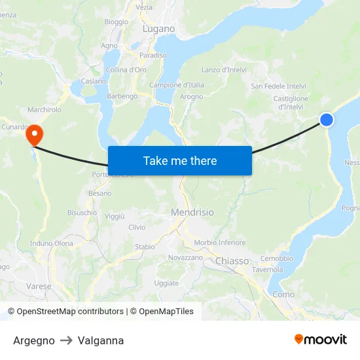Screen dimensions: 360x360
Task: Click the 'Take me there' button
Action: coord(180,160)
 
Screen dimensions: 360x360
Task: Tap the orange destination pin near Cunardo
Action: coord(33,135)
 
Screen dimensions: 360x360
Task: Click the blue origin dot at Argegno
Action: coord(327,119)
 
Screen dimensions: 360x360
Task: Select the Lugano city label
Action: coord(158,29)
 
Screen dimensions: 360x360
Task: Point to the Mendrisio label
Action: coord(192,213)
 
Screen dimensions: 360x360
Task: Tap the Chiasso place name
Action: coord(232,261)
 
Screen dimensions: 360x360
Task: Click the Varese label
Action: coord(39,286)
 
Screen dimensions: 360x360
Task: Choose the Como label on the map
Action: coord(283,295)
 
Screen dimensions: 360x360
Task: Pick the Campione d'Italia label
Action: coord(177,85)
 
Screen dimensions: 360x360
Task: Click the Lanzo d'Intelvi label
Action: coord(224,70)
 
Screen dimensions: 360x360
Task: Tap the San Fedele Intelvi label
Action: coord(278,86)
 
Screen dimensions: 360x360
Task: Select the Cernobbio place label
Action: coord(276,259)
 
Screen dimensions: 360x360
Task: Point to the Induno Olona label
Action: coord(52,243)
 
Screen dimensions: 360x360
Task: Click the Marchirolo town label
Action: coord(45,110)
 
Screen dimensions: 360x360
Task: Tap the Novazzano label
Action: coord(185,258)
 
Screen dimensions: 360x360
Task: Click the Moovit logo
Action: coord(320,340)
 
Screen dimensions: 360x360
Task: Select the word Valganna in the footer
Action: coord(100,340)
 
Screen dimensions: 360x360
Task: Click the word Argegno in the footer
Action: coord(34,340)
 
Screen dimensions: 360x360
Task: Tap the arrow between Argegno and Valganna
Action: coord(66,340)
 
